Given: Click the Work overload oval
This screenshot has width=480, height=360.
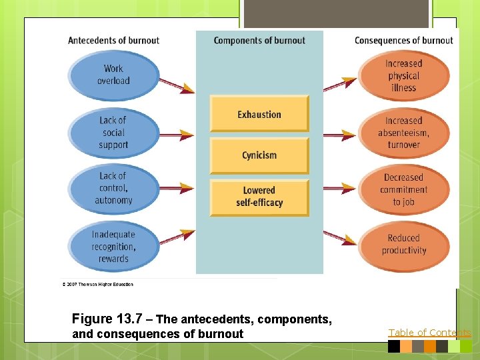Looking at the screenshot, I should (113, 75).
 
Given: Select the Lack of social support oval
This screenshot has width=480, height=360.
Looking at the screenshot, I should (113, 132).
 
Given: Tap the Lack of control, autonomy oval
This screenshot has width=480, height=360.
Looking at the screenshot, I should (113, 188).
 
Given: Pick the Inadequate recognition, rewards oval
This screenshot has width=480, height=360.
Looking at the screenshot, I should (113, 246).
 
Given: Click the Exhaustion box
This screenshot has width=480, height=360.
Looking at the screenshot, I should (259, 114).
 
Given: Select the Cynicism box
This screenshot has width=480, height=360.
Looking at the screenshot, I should (259, 155).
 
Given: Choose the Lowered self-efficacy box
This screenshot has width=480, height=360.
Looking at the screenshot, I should (259, 197).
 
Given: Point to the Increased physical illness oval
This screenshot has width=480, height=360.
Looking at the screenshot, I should (403, 75).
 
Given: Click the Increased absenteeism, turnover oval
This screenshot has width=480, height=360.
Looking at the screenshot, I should (403, 132).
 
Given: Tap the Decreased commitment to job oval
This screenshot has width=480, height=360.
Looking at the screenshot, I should (403, 189).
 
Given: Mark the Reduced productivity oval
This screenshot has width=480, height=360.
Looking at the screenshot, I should (403, 244).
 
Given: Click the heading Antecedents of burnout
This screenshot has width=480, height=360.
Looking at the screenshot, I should (113, 41).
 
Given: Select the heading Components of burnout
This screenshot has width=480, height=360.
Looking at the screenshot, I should (259, 41).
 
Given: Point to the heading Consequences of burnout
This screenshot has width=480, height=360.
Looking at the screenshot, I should (403, 41).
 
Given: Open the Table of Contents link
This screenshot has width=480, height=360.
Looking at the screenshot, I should (429, 333).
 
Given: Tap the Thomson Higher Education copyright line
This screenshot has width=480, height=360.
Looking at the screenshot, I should (98, 285).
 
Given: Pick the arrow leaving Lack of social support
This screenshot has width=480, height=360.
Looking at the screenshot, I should (177, 136).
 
